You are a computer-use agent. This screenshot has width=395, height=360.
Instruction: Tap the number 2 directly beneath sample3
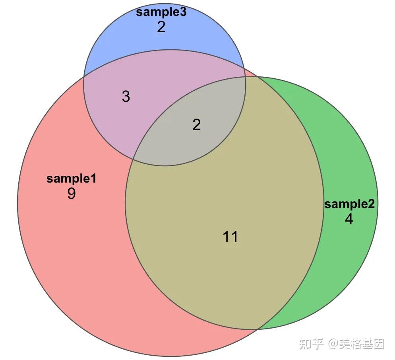pos(161,27)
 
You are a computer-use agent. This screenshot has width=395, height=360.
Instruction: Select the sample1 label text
pos(71,179)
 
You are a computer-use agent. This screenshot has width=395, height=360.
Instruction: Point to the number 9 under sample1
pos(72,194)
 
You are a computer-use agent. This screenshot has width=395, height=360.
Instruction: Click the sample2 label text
pos(349,204)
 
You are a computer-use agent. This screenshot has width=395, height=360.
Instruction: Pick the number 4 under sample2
pos(349,219)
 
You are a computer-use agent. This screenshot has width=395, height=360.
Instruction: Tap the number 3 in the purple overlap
pos(126,96)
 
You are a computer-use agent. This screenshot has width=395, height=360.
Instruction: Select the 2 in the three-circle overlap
pos(196,125)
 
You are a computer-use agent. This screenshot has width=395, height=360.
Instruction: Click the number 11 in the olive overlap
pos(230,237)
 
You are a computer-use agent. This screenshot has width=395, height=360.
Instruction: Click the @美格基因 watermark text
pos(356,344)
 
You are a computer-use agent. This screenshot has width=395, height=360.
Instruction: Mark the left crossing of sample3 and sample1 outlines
pos(84,77)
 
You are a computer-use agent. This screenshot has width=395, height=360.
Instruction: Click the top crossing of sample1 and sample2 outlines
pos(257,77)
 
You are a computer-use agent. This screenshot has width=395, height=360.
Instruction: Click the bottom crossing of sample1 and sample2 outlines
pos(258,329)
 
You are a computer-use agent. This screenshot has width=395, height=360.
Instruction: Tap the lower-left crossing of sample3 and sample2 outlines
pos(133,160)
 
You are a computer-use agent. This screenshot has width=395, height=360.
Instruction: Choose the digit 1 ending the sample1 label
pos(93,179)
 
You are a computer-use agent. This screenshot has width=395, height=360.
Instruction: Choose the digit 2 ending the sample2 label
pos(371,204)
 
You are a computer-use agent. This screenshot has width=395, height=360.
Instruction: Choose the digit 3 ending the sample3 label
pos(183,12)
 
